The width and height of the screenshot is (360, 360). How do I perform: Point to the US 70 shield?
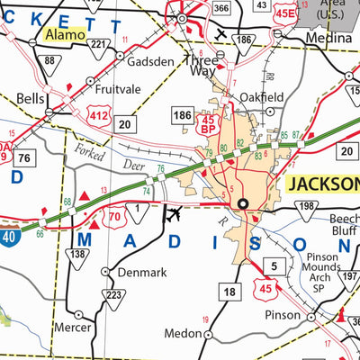115,216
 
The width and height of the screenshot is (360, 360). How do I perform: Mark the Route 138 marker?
79,256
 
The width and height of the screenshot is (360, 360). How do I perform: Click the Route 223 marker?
113,295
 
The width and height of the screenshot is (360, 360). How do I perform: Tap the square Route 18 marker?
230,292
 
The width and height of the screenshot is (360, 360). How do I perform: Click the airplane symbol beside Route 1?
174,215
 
